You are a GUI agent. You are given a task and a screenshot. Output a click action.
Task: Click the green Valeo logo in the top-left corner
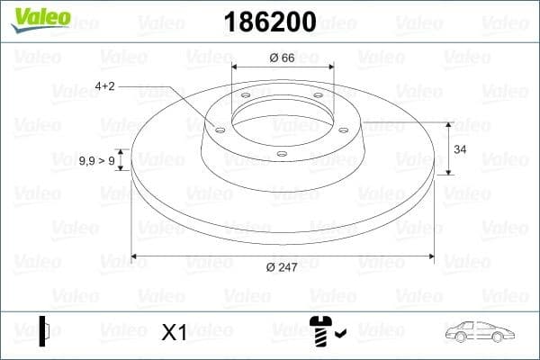click(39, 18)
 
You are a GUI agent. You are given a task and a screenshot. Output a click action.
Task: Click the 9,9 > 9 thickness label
click(96, 160)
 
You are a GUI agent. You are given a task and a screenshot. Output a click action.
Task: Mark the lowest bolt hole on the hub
click(282, 153)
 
